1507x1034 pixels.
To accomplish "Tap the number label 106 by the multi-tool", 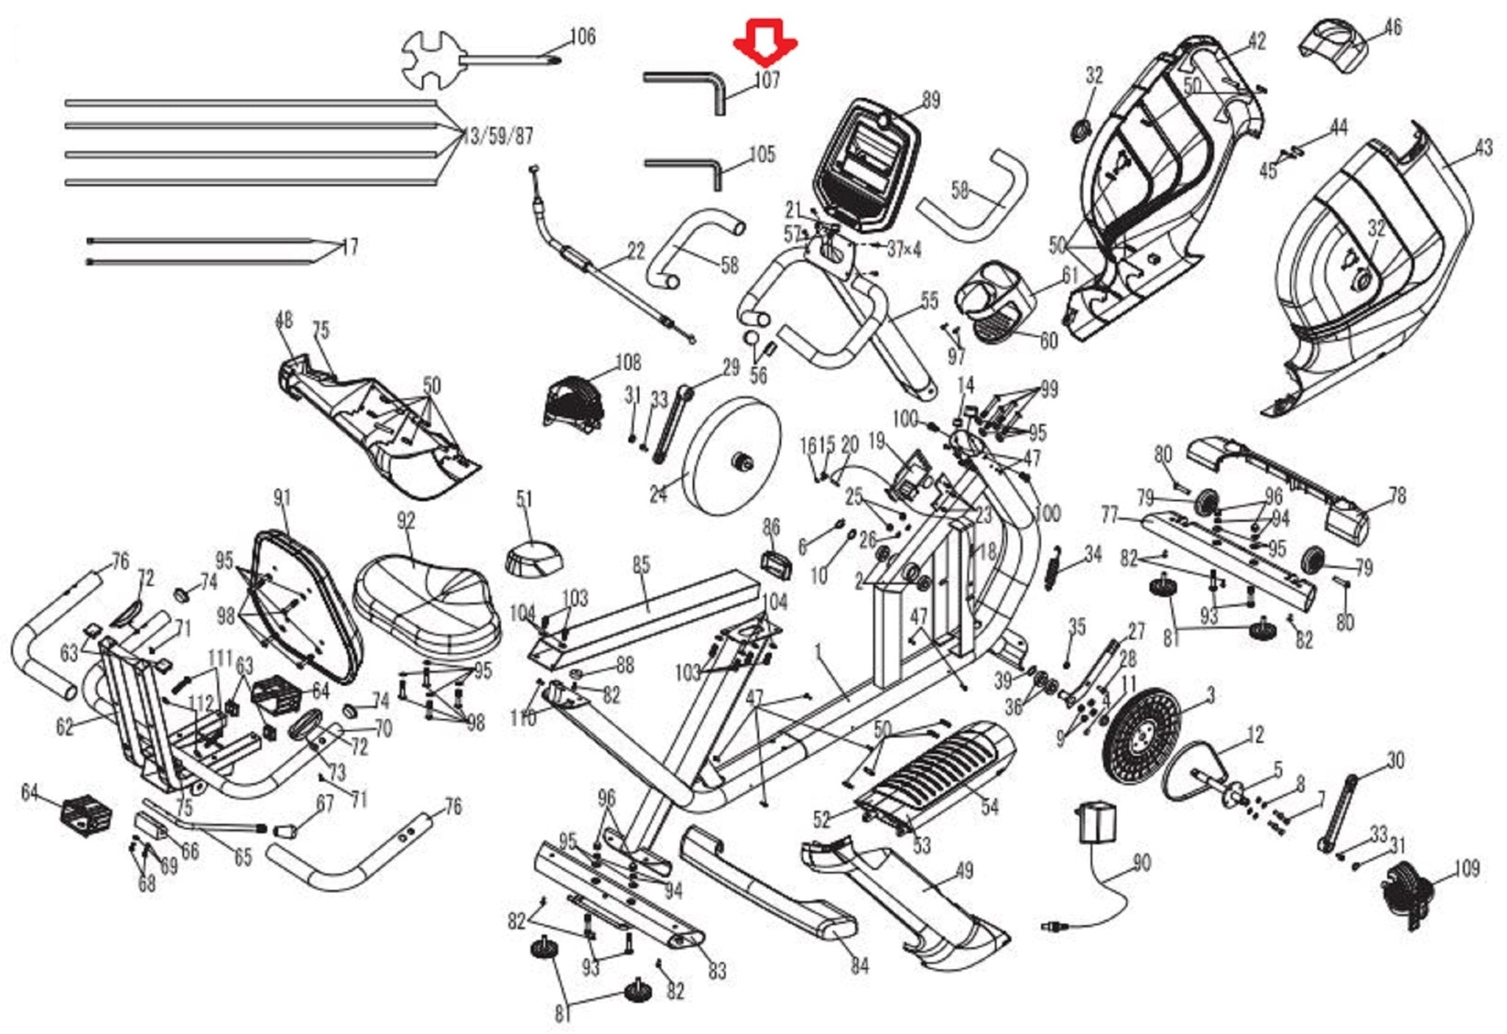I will click(x=583, y=37).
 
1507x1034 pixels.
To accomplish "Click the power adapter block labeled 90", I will click(x=1096, y=822).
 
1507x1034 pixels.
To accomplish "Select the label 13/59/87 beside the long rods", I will click(x=499, y=137).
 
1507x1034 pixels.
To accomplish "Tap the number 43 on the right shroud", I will click(x=1483, y=148).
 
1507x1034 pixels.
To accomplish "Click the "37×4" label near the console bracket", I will click(x=904, y=249).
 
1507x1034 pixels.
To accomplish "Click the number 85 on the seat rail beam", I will click(x=642, y=566).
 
